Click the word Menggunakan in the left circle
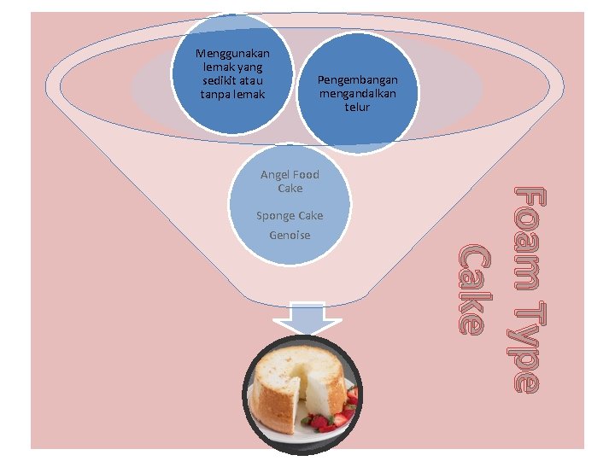click(232, 53)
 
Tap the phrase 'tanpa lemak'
click(232, 94)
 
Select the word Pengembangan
click(357, 80)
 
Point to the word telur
click(357, 108)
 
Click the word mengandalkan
click(357, 94)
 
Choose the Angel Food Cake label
click(290, 181)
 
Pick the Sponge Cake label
click(290, 216)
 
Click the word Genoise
click(290, 235)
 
